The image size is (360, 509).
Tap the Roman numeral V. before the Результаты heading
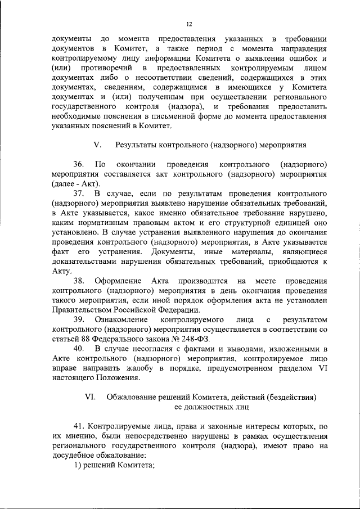click(x=97, y=145)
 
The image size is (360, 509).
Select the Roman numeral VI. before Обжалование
click(x=90, y=397)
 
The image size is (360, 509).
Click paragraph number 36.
click(x=79, y=164)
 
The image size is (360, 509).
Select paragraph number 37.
click(x=79, y=194)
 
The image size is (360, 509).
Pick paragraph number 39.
click(x=79, y=319)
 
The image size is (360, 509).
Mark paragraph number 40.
click(x=79, y=349)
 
